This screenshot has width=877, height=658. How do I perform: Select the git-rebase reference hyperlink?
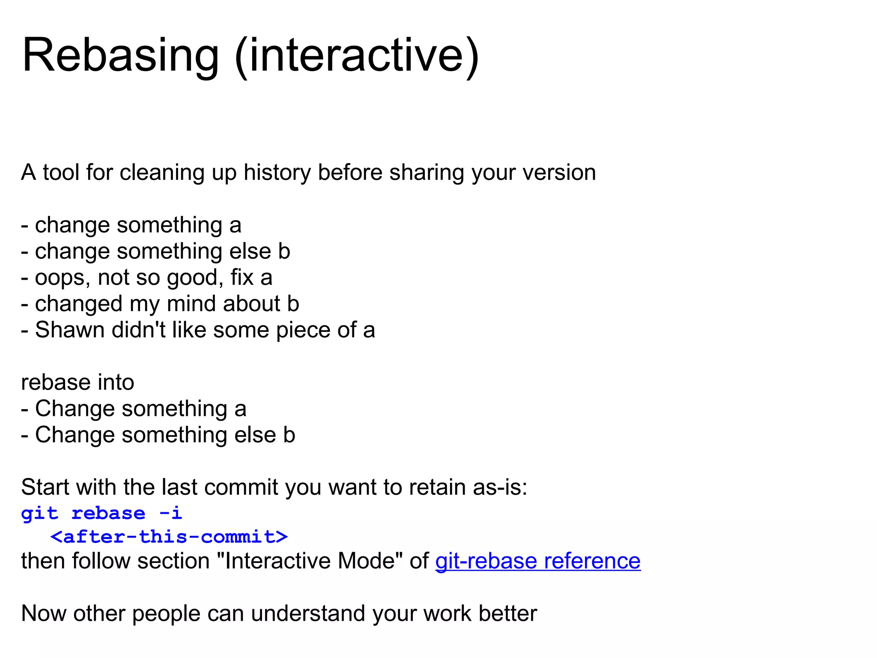click(537, 561)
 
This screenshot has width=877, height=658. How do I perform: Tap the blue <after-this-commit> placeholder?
click(169, 537)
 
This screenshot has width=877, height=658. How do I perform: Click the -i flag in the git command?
click(170, 513)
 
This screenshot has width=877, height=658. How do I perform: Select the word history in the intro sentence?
click(277, 173)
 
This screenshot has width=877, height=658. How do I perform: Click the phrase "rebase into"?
click(78, 382)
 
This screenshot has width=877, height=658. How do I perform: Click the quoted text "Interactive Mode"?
click(310, 561)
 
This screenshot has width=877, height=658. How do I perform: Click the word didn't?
click(138, 330)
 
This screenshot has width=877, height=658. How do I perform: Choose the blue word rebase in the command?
click(108, 513)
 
